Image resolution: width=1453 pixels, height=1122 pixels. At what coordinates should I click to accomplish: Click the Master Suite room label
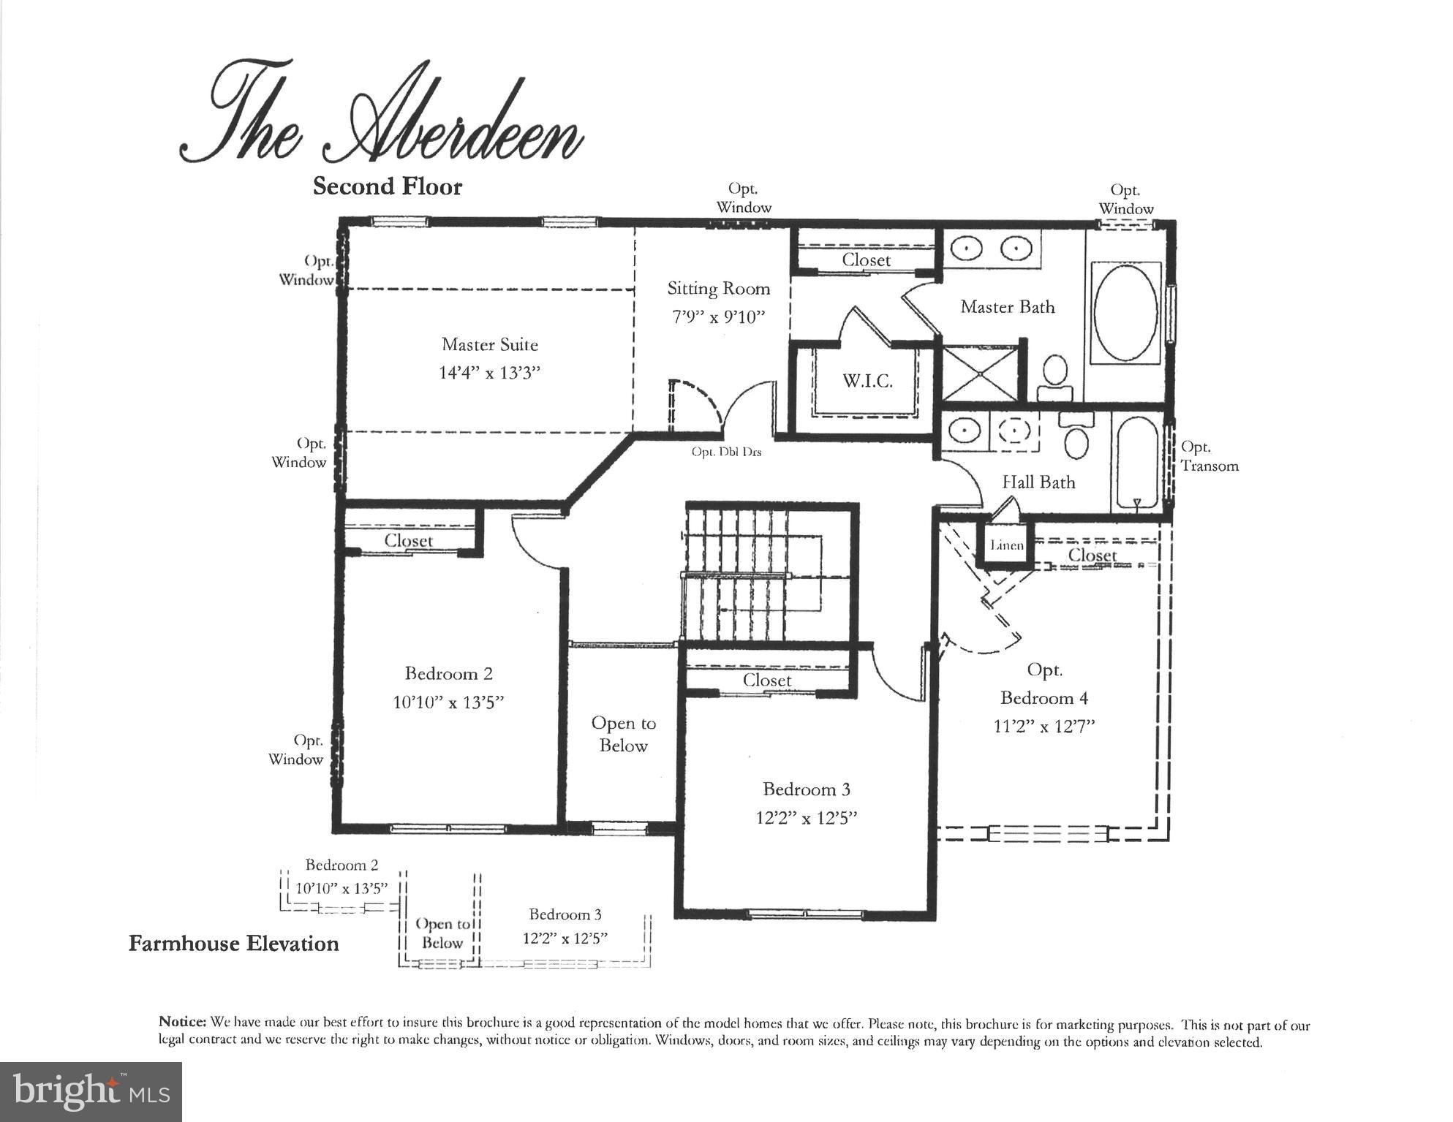click(489, 344)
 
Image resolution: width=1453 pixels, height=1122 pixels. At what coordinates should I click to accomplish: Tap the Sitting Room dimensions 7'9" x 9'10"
click(718, 317)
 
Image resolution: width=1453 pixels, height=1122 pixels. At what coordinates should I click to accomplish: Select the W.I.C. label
click(867, 381)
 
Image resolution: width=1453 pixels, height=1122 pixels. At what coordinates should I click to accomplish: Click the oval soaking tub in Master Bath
click(1125, 312)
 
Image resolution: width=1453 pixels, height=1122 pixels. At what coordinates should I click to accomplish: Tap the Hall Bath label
click(1038, 482)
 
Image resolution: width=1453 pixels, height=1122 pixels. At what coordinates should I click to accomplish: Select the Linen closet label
click(1007, 545)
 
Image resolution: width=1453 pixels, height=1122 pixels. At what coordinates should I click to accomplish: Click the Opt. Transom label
click(1209, 456)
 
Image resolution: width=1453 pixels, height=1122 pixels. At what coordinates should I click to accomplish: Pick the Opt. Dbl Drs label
click(726, 452)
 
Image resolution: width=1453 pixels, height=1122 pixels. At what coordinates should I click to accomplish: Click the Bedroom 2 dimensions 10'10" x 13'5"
click(448, 702)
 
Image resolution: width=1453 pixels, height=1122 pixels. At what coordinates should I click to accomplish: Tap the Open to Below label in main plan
click(624, 734)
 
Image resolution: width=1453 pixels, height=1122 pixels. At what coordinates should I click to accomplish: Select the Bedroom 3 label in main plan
click(806, 789)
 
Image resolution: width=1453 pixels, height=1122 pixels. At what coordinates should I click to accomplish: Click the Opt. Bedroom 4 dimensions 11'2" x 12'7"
click(1043, 727)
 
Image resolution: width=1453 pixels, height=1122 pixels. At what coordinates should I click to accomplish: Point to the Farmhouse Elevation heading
click(234, 944)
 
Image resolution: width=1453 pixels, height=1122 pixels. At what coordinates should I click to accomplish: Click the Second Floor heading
click(388, 186)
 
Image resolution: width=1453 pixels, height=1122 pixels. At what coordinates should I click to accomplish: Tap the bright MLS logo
click(91, 1091)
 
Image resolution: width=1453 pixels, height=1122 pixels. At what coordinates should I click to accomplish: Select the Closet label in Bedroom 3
click(767, 681)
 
